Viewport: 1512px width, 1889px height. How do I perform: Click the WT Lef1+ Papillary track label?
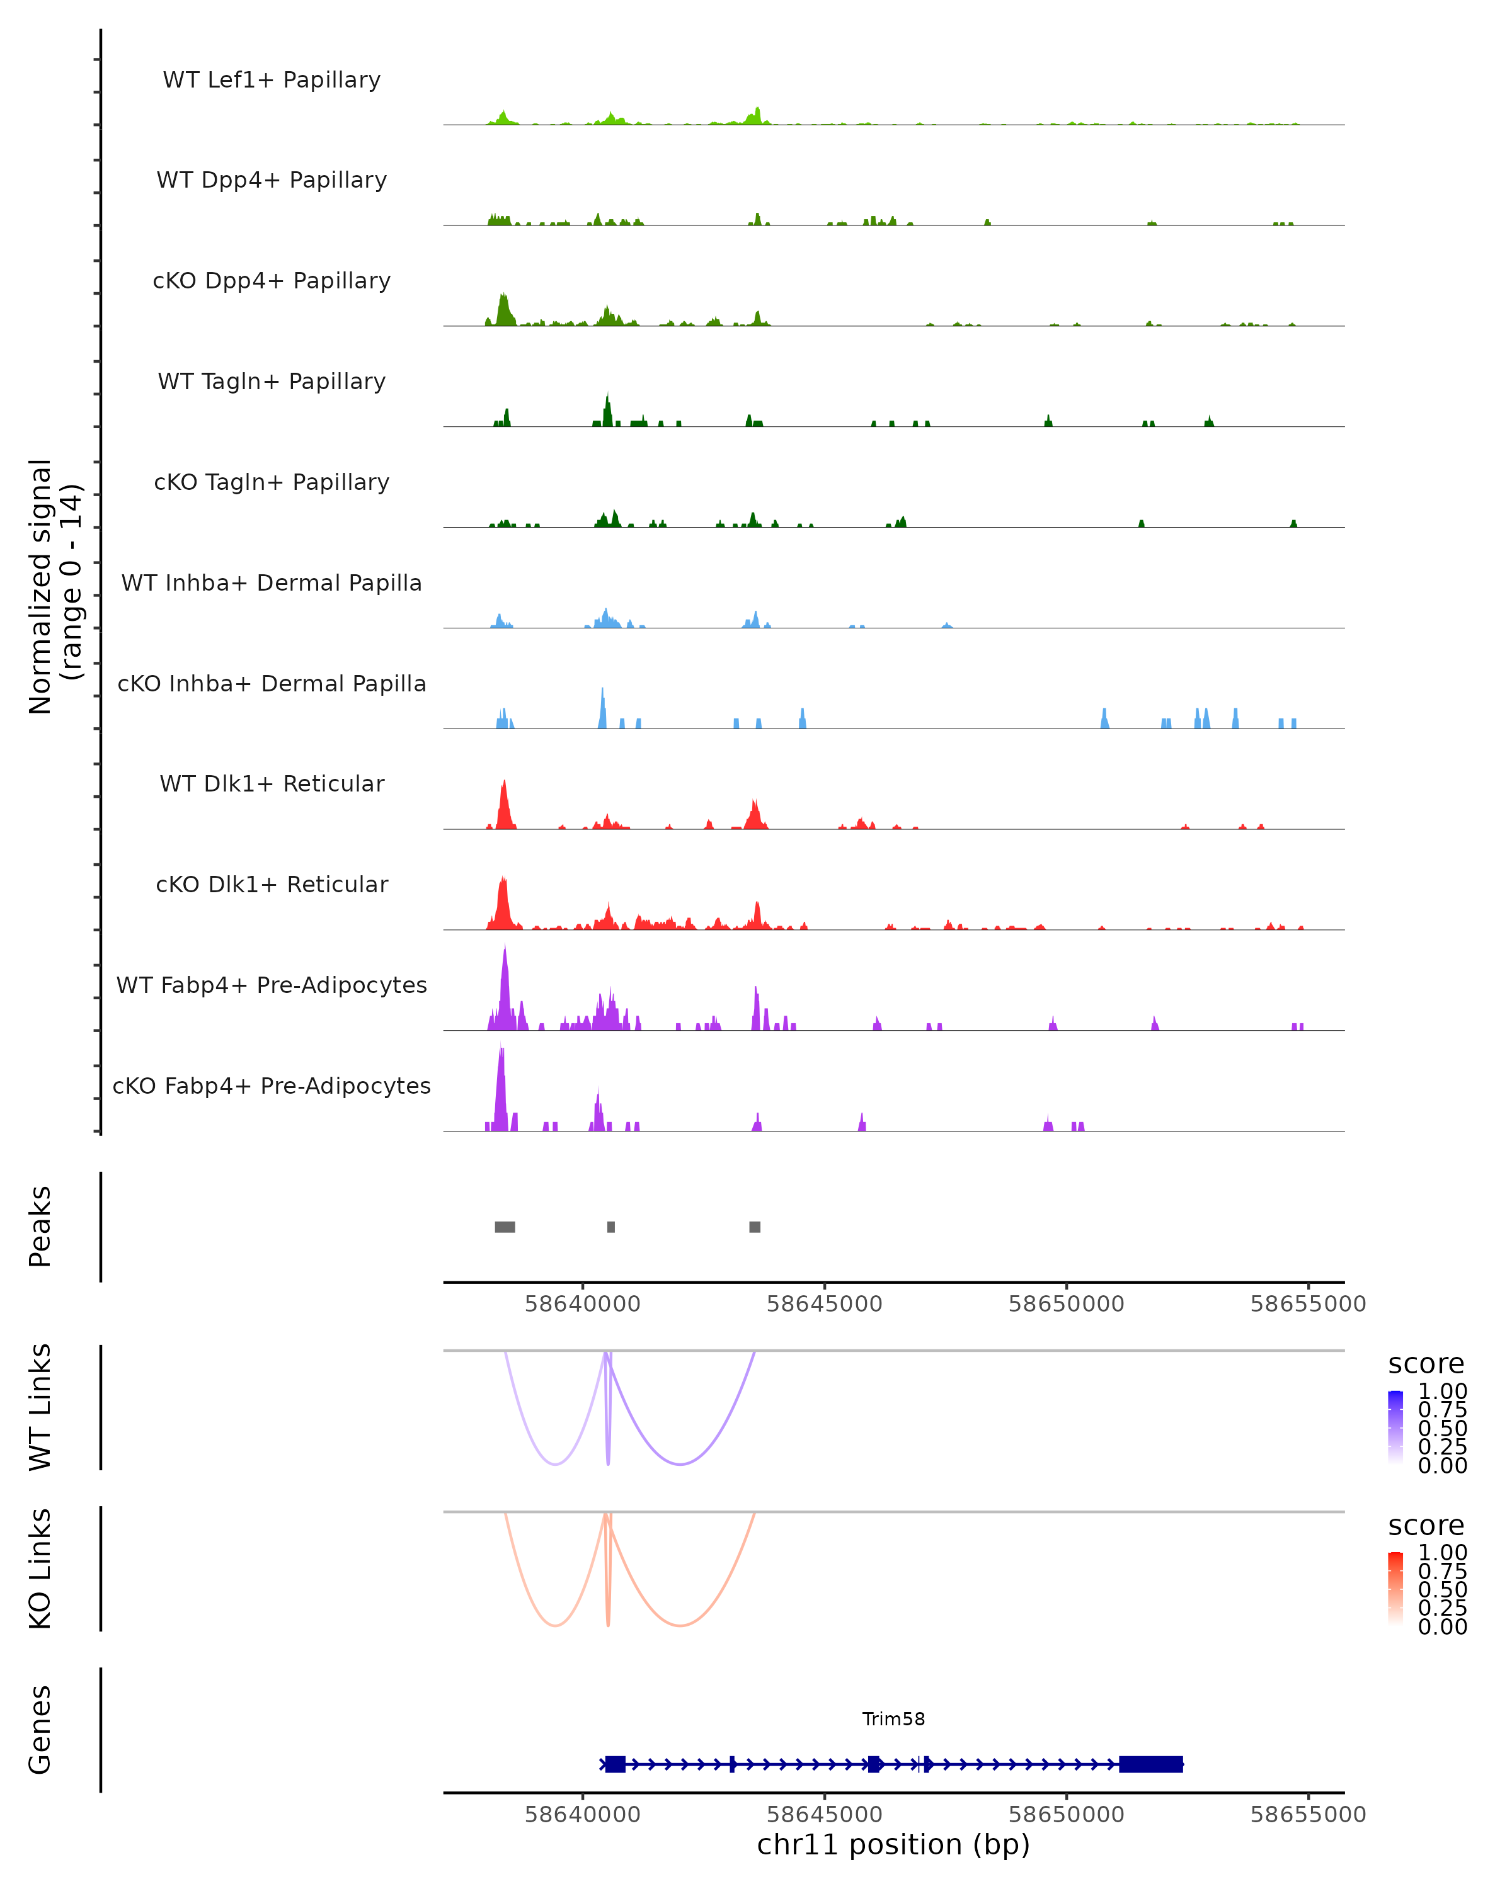pyautogui.click(x=272, y=80)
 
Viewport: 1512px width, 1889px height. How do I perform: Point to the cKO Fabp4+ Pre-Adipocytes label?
pyautogui.click(x=272, y=1086)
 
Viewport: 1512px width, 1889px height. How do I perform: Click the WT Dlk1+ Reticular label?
pyautogui.click(x=272, y=783)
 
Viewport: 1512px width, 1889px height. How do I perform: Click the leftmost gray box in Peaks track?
pyautogui.click(x=505, y=1227)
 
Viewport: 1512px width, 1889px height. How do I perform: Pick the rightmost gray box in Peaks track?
pyautogui.click(x=755, y=1227)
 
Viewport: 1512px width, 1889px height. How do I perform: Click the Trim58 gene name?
pyautogui.click(x=893, y=1719)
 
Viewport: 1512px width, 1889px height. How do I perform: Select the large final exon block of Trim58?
pyautogui.click(x=1151, y=1764)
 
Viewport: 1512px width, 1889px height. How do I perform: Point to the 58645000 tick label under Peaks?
pyautogui.click(x=824, y=1304)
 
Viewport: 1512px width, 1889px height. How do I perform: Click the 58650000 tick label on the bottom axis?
pyautogui.click(x=1066, y=1815)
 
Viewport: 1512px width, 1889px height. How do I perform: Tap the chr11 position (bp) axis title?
pyautogui.click(x=893, y=1845)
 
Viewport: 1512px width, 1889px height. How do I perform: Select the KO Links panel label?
pyautogui.click(x=40, y=1569)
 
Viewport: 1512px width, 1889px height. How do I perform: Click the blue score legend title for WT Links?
pyautogui.click(x=1426, y=1364)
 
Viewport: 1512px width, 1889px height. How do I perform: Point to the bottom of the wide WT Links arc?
pyautogui.click(x=680, y=1464)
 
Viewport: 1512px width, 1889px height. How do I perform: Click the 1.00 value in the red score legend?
pyautogui.click(x=1443, y=1553)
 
